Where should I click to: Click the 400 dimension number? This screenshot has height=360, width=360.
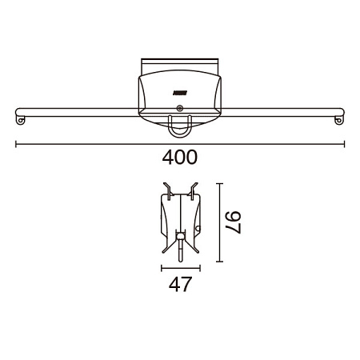(180, 158)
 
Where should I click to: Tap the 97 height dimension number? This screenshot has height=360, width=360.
(234, 222)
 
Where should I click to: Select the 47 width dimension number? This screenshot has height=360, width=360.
(180, 284)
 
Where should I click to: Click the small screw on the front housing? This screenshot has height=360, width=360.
(180, 108)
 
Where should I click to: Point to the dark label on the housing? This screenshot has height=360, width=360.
(180, 93)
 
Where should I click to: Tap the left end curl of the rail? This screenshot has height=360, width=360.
(20, 120)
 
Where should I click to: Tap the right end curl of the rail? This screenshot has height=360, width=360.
(338, 120)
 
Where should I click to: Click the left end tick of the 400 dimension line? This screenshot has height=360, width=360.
(16, 144)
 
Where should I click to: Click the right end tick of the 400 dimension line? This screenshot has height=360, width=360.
(344, 144)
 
